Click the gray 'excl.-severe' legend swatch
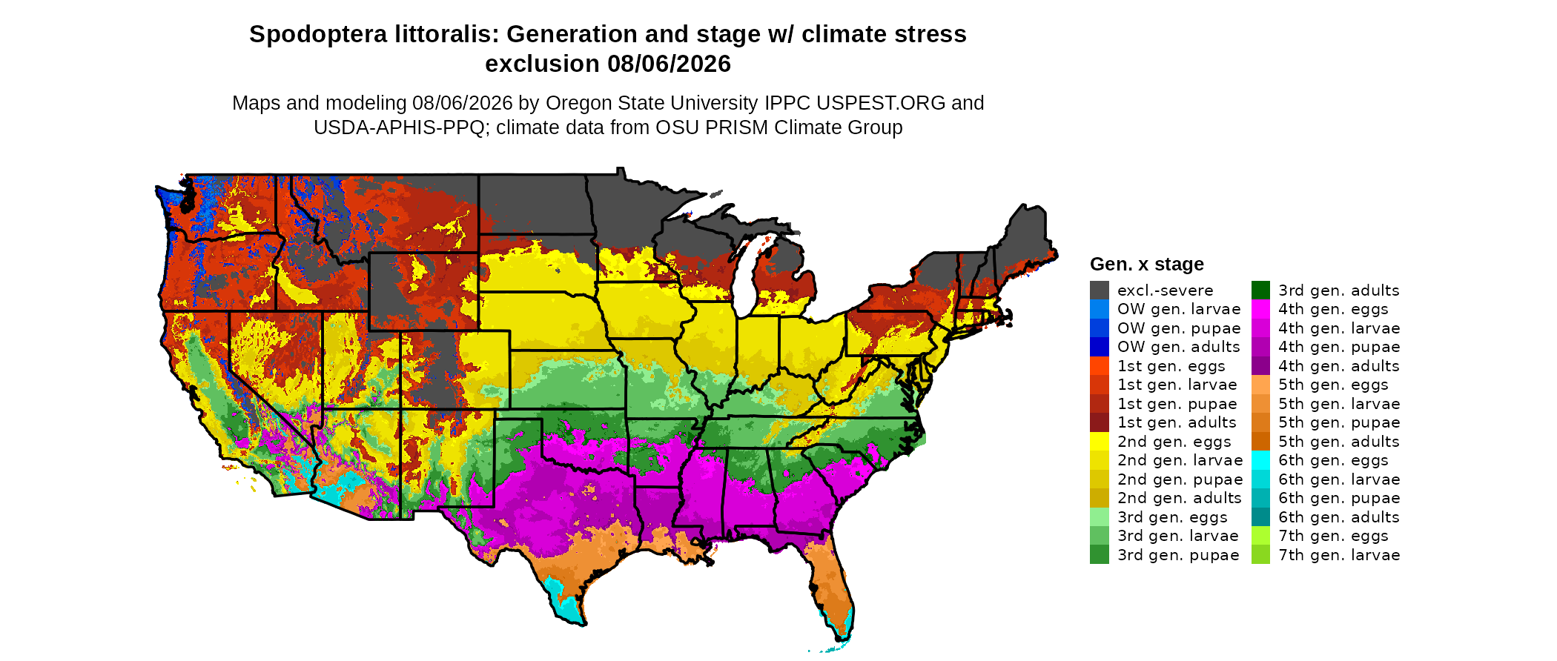coord(1100,290)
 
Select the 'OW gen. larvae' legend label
coord(1179,309)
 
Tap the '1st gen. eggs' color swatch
coord(1100,366)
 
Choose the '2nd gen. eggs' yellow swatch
coord(1100,442)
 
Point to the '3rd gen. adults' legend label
coord(1339,290)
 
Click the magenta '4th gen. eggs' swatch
coord(1261,309)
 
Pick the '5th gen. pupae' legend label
coord(1339,422)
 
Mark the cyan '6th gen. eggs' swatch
coord(1261,460)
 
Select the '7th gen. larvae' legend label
coord(1339,555)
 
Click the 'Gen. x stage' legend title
coord(1147,265)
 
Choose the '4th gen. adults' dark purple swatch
coord(1261,366)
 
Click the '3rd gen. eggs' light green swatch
coord(1100,517)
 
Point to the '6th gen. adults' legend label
coord(1339,517)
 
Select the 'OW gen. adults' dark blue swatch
coord(1100,347)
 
